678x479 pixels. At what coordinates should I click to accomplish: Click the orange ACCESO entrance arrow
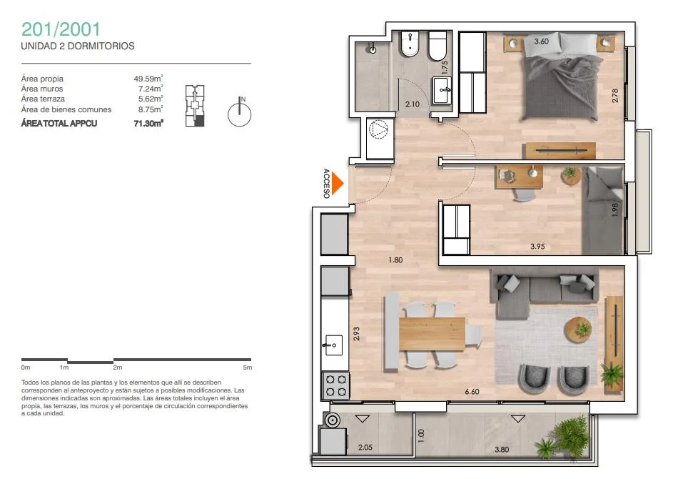click(x=338, y=184)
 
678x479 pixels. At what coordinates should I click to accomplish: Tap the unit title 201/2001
click(x=61, y=29)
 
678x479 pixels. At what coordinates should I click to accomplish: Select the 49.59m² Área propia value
click(x=148, y=79)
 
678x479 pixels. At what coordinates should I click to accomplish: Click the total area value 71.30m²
click(x=148, y=124)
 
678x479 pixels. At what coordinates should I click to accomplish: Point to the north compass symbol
click(x=240, y=112)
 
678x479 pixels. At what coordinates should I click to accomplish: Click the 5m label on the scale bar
click(x=248, y=367)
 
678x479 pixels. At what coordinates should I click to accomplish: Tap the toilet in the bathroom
click(x=437, y=46)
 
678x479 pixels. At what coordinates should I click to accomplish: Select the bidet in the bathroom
click(x=410, y=44)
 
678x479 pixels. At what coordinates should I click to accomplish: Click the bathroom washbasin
click(x=442, y=90)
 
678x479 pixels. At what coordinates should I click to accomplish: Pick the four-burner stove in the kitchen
click(x=336, y=385)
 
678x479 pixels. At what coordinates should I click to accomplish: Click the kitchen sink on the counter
click(x=333, y=345)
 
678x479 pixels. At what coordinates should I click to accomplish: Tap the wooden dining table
click(x=432, y=333)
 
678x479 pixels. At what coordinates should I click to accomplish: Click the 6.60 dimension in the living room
click(x=472, y=392)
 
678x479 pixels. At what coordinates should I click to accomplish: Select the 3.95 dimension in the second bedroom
click(x=537, y=247)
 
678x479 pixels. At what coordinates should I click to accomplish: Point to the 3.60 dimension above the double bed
click(x=541, y=41)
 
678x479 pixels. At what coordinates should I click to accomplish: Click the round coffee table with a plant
click(x=578, y=329)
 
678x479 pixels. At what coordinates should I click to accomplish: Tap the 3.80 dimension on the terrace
click(x=502, y=450)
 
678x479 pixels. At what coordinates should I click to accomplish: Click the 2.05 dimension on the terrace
click(x=365, y=448)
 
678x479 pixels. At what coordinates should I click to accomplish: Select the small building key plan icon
click(x=195, y=106)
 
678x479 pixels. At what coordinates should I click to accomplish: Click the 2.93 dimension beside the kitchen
click(x=356, y=333)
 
